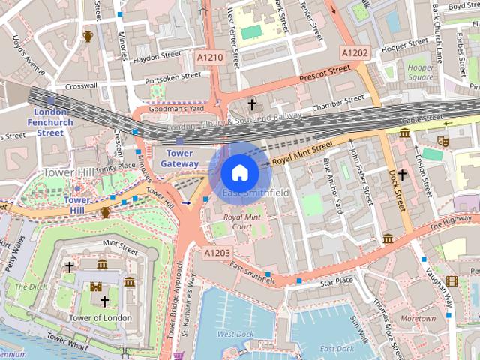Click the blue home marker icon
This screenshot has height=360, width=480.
point(239,173)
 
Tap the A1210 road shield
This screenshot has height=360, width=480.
point(211,57)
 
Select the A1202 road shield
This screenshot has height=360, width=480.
point(355,52)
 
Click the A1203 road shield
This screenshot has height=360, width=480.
point(217,253)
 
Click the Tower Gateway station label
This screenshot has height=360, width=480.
point(180,158)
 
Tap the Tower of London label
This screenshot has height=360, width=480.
point(100,318)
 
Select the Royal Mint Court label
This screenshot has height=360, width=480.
point(241,221)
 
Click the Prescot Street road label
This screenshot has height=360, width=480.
point(324,73)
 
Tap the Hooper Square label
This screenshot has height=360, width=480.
point(421,72)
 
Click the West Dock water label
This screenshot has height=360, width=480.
point(235,334)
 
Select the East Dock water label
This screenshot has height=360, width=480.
point(337,349)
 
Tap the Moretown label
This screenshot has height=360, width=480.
point(418,319)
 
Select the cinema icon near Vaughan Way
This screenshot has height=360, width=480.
point(451,281)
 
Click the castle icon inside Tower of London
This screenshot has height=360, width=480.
point(96,286)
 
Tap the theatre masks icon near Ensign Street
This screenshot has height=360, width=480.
point(443,140)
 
